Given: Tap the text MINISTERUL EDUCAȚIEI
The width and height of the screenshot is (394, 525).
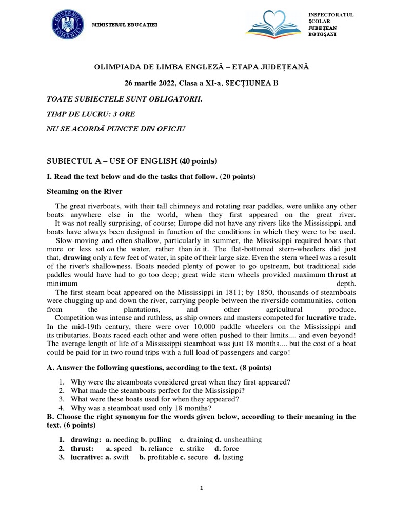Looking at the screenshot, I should coord(125,25).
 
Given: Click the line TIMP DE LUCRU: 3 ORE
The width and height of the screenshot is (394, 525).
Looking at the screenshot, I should coord(91,113).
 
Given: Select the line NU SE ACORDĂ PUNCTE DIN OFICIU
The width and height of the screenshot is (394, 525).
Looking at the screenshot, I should coord(115,129).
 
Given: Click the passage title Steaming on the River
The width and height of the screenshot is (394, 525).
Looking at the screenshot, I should coord(85,192).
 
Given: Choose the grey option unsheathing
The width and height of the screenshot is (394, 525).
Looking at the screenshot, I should coord(242,439).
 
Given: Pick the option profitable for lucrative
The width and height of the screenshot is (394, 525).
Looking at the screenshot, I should coord(162,457).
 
